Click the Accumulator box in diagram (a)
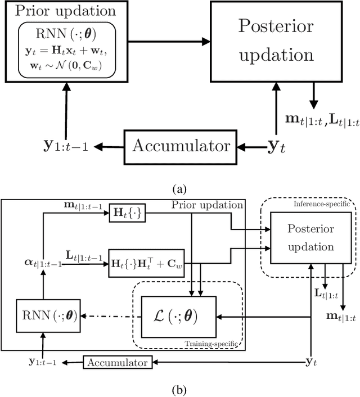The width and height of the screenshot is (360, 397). pyautogui.click(x=181, y=146)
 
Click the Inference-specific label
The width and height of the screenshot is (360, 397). pyautogui.click(x=316, y=204)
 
